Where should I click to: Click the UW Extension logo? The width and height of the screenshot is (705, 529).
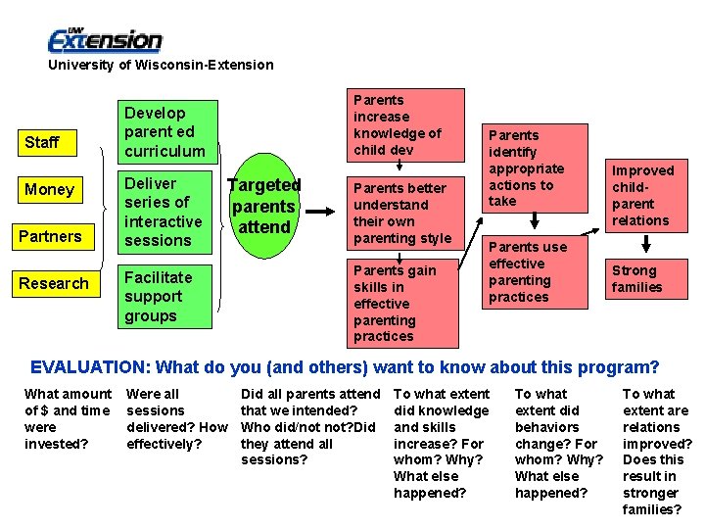106,40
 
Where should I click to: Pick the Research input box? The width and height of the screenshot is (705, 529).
54,283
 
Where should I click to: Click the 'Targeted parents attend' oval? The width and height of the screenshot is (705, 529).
263,207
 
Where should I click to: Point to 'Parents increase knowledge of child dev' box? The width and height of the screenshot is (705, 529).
403,124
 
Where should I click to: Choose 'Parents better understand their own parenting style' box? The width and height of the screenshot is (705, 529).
403,213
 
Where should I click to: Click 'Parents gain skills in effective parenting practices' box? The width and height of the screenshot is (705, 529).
403,303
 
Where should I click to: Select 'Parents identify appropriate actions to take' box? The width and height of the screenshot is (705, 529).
536,168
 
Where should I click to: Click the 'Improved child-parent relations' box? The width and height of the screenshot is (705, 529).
642,195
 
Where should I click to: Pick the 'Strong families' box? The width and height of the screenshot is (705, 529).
642,278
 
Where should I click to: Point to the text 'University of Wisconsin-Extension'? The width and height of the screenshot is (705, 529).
162,65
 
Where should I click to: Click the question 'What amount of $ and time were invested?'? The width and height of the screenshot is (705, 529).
68,418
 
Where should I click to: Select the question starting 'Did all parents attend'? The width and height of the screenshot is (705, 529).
309,426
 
